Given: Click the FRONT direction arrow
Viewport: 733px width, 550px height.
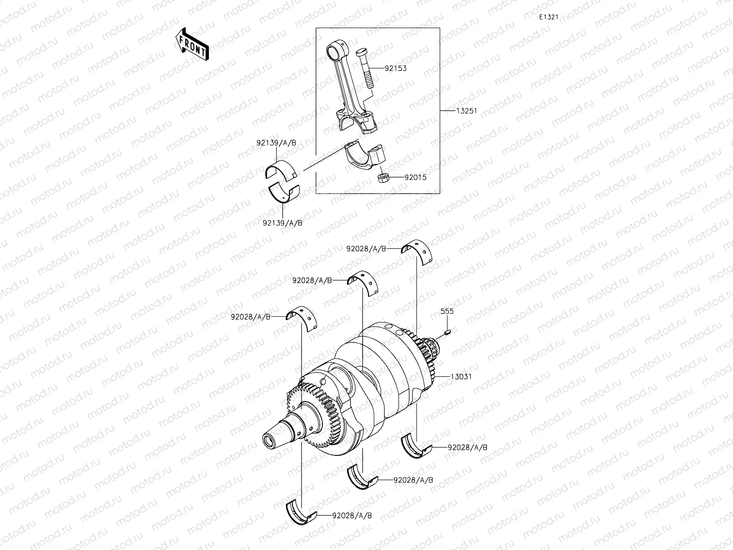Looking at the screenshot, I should [x=192, y=44].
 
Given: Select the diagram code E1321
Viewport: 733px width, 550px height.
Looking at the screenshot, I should [x=548, y=17].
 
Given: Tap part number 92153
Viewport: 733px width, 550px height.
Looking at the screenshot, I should [x=396, y=68].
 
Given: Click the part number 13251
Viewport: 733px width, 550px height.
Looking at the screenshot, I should [x=466, y=111].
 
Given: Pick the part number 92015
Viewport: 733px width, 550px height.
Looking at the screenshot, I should [x=415, y=178].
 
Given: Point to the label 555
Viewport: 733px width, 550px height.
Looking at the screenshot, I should [x=446, y=311].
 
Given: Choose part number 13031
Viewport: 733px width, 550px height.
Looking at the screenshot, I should [x=461, y=376].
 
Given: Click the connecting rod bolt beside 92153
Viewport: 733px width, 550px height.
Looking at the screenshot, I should [x=365, y=67].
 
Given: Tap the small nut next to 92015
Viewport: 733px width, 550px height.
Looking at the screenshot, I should [x=383, y=178].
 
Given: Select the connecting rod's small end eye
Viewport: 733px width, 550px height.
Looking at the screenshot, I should [x=334, y=49].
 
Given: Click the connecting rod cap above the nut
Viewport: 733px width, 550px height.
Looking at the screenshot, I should [x=364, y=155].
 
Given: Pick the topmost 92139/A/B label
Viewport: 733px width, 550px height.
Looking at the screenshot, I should [x=276, y=143].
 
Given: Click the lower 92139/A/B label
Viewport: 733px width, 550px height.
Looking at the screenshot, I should [x=282, y=223].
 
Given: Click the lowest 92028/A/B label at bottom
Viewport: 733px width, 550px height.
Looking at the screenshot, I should [x=352, y=516].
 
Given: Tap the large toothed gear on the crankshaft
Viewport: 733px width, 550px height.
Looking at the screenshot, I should [x=320, y=412].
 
